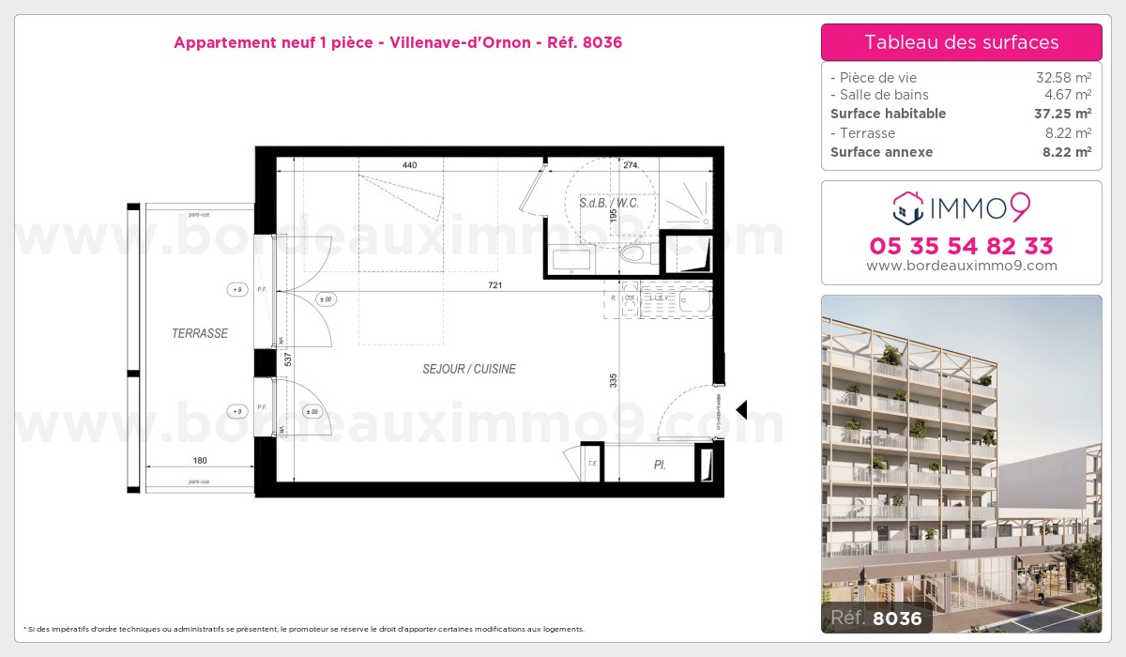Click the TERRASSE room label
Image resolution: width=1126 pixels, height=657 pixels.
(199, 333)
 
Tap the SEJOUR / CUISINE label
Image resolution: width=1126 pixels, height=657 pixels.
(469, 369)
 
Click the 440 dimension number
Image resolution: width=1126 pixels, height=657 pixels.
(409, 165)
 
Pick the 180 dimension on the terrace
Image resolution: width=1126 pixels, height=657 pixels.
(199, 460)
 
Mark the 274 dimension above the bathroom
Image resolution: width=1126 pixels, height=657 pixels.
(630, 165)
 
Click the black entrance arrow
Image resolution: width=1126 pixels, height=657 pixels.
(741, 409)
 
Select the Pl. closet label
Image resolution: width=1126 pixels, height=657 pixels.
(660, 465)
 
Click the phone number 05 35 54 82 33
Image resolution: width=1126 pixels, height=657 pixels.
(961, 246)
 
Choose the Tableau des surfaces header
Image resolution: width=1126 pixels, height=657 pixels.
(961, 42)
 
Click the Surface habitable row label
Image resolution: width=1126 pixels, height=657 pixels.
(888, 114)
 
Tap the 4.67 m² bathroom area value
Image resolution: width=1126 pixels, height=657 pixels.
(1068, 95)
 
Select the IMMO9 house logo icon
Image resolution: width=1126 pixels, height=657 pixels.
(907, 207)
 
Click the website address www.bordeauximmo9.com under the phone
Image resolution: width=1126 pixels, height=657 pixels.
(961, 266)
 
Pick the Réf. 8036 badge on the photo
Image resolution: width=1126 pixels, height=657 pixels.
(873, 618)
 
